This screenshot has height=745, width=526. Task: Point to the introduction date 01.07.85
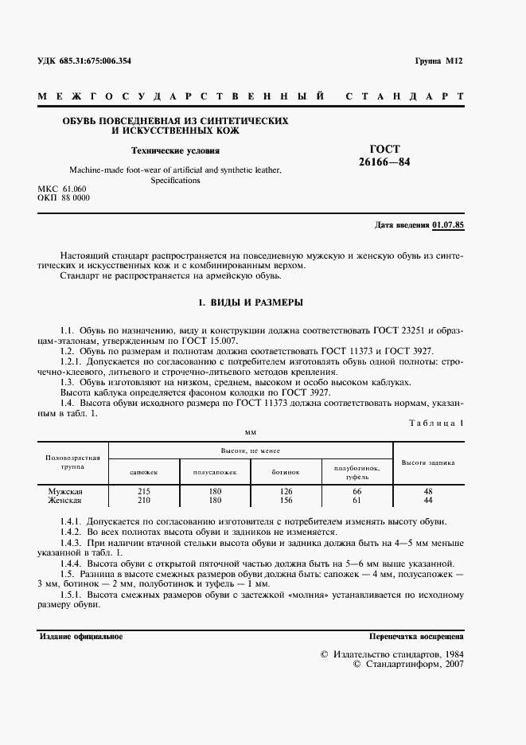coord(448,225)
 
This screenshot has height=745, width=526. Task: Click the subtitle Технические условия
coord(175,150)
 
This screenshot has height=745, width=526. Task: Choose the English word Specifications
coord(175,180)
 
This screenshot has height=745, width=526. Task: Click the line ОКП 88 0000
coord(64,197)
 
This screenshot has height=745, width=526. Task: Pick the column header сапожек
coord(144,472)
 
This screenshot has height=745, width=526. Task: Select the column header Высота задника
coord(428,462)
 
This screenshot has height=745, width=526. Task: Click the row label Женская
coord(66,501)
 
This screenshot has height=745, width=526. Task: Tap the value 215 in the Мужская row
coord(144,492)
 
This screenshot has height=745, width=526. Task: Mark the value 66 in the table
coord(357,492)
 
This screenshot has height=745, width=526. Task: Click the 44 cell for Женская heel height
coord(428,501)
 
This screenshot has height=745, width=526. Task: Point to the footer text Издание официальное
coord(80,637)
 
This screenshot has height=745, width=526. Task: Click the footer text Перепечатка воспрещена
coord(416,637)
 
